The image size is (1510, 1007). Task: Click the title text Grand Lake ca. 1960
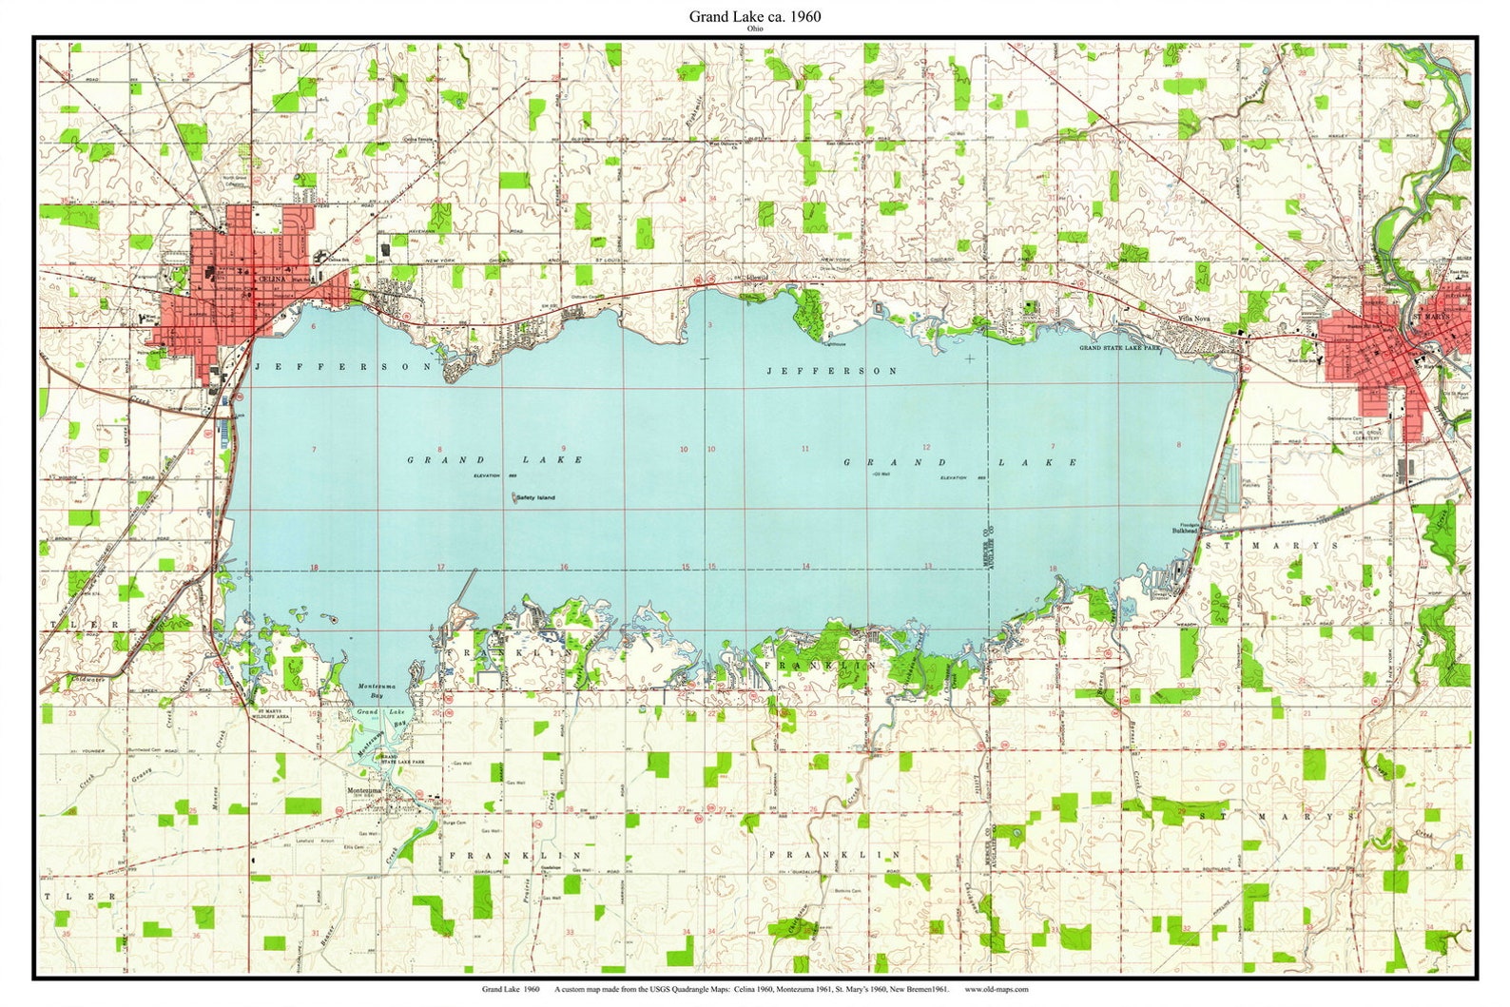point(754,16)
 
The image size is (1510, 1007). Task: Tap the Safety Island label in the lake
point(536,498)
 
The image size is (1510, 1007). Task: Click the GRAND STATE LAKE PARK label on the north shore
point(1120,349)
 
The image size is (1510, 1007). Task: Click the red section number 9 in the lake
point(563,449)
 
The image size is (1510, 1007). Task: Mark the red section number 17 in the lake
point(440,567)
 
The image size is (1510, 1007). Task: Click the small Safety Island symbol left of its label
point(515,496)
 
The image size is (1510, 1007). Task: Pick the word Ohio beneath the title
point(754,29)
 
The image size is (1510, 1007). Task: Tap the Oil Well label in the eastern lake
point(880,474)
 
